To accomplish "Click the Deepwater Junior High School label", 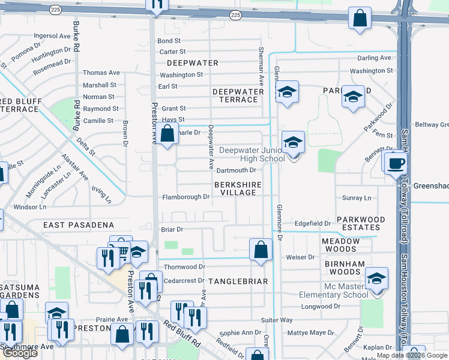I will (252, 154).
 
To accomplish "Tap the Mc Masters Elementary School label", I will (334, 290).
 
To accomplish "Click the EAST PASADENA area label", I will (79, 224).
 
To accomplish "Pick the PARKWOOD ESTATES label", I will (358, 223).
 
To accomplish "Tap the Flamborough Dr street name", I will (186, 196).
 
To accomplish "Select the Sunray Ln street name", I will (357, 197).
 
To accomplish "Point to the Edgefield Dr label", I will (313, 223).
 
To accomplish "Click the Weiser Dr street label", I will (301, 257).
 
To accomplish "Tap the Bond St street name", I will (169, 41).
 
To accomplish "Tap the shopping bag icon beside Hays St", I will (169, 134).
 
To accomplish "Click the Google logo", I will (20, 353).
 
